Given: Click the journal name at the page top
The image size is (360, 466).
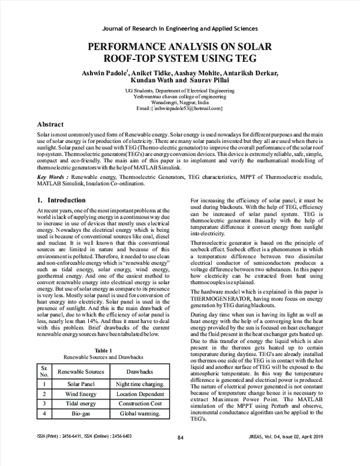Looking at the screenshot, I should coord(180,28).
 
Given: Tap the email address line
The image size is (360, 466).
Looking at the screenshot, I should coord(180,108).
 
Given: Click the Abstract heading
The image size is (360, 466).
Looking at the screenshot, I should coord(50,123).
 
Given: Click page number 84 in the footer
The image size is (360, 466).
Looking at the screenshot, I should coord(180,454).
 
